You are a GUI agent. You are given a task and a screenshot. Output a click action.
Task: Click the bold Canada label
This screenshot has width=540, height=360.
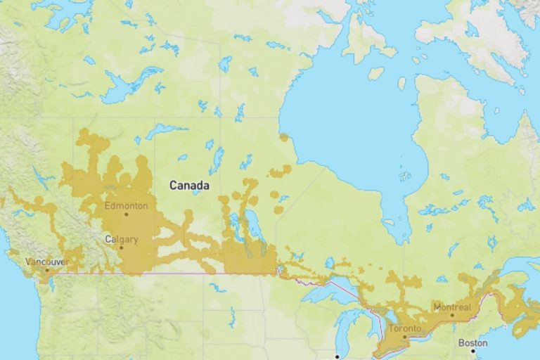coord(189,185)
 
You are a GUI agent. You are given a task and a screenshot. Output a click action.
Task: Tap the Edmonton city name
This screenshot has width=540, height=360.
coord(126,206)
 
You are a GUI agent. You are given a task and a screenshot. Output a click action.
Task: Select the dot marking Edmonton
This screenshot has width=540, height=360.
coord(127,214)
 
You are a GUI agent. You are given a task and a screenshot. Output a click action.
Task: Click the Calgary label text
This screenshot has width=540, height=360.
coord(121,239)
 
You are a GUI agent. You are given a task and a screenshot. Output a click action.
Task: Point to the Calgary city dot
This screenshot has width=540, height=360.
coord(121,247)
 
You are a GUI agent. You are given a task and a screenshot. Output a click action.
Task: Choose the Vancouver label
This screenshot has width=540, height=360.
coord(46,262)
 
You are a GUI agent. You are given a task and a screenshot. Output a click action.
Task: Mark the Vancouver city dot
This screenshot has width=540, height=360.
coord(47,269)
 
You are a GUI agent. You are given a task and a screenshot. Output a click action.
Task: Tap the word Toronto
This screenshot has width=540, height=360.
coord(405,328)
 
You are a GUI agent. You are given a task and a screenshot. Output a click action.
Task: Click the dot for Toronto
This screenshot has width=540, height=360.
coord(405,336)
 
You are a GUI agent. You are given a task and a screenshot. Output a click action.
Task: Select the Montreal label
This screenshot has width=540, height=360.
coord(452,307)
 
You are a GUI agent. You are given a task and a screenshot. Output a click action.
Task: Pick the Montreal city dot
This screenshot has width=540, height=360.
coord(452,315)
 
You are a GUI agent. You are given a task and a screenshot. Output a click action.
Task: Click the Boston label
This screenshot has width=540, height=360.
coord(472,342)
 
